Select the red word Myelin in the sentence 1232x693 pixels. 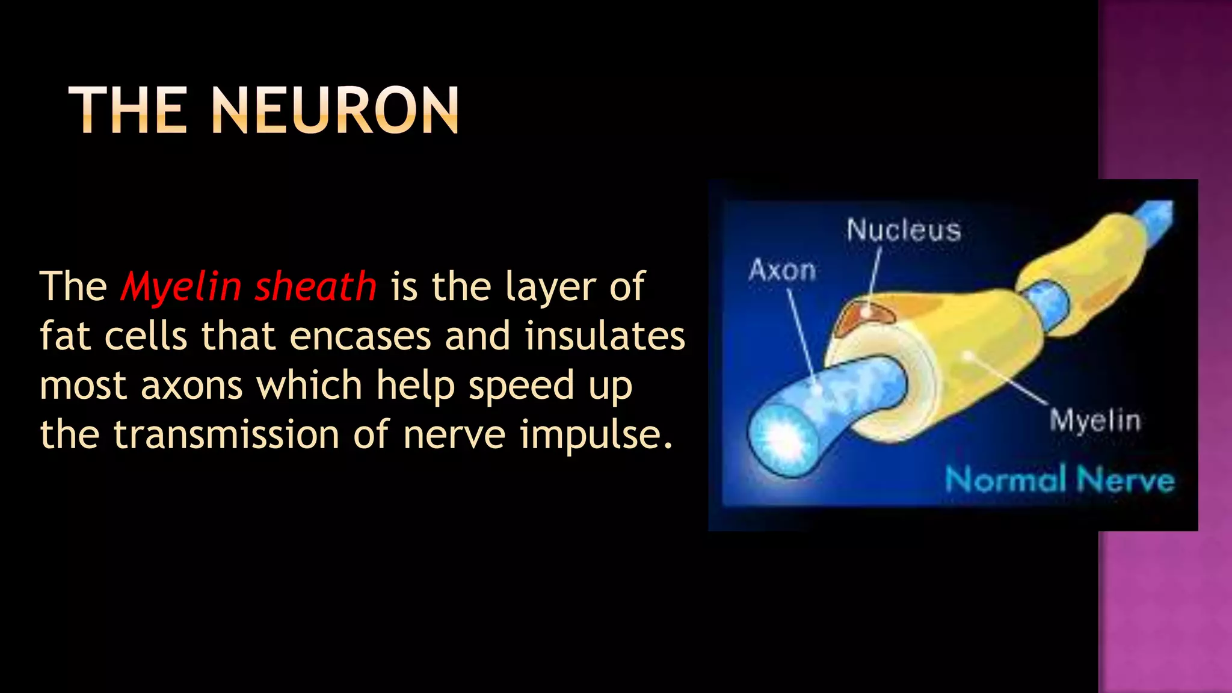point(180,287)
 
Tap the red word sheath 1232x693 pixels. point(315,287)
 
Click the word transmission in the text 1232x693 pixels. point(226,434)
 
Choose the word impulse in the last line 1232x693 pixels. point(596,436)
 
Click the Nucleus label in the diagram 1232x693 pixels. point(904,230)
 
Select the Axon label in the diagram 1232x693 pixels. point(782,270)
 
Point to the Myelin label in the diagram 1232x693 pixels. point(1095,420)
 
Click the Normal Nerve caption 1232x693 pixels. point(1059,480)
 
